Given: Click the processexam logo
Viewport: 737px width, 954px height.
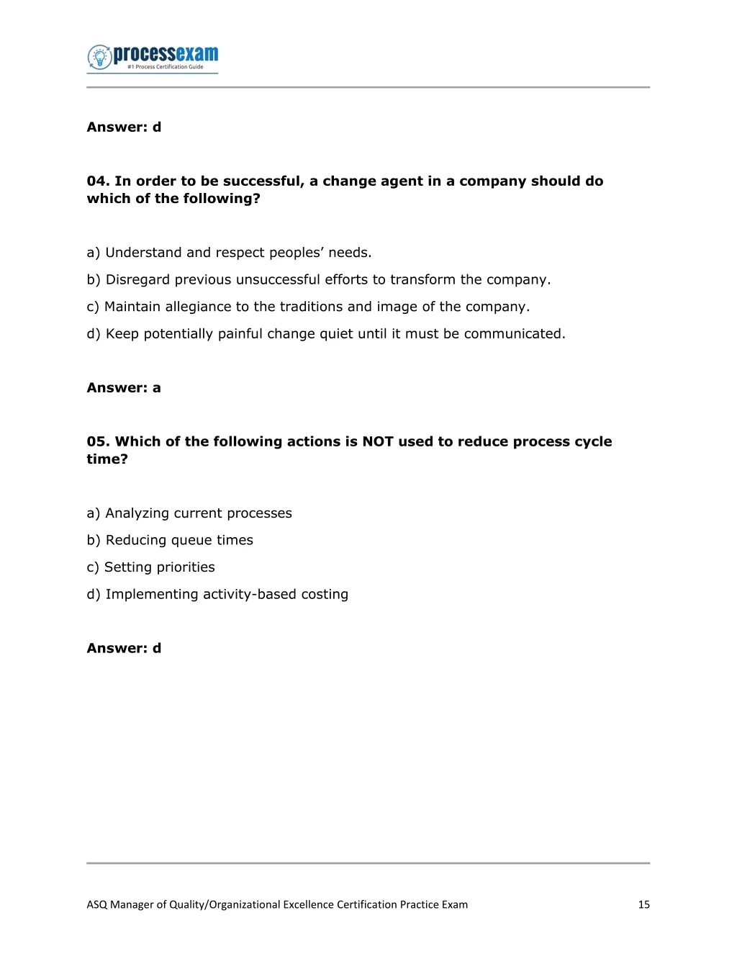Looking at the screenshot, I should (x=153, y=58).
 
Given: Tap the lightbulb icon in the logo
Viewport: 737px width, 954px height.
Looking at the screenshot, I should (x=99, y=57).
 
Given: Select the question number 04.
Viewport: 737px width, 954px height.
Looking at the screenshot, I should (x=98, y=181).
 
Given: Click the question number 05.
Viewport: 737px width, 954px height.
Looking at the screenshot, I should (x=98, y=442).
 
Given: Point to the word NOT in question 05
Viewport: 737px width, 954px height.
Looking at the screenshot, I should (x=378, y=442).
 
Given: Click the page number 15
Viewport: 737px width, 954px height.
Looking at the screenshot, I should (x=643, y=905).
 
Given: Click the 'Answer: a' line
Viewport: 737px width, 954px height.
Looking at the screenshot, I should (x=124, y=388).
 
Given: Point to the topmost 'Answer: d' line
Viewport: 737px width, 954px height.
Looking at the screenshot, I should (x=124, y=127).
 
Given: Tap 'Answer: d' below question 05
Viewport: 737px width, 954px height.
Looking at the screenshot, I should (x=124, y=649).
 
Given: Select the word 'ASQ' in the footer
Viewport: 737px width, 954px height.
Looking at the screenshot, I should (x=96, y=905).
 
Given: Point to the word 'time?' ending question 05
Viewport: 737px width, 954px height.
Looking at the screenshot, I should (x=107, y=459).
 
